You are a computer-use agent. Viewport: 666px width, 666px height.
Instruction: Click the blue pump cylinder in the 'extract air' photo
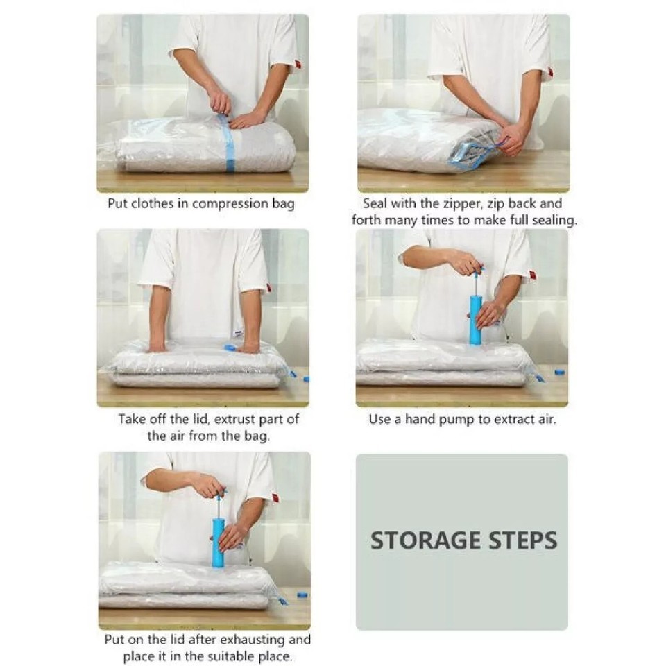click(x=475, y=320)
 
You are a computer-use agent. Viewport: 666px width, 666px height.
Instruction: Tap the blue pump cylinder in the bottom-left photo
click(x=219, y=543)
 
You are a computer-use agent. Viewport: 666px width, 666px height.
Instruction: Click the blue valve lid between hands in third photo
click(x=230, y=347)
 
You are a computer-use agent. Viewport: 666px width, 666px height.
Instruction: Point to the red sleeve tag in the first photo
click(x=298, y=65)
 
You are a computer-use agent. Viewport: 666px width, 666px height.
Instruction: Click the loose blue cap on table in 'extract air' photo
click(x=560, y=373)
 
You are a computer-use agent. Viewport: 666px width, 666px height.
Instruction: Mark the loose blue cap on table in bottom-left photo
click(x=302, y=595)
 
